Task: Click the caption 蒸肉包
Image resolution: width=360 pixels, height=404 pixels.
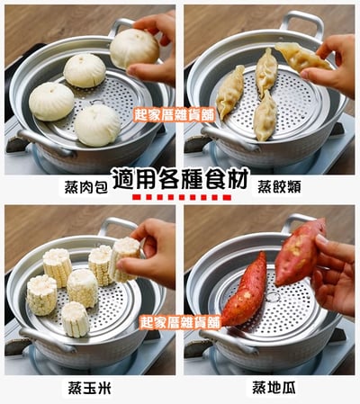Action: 85,187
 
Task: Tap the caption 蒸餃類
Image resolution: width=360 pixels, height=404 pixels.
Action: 279,187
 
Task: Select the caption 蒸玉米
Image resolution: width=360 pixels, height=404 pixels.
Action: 89,388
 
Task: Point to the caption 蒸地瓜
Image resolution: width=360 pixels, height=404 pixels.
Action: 274,387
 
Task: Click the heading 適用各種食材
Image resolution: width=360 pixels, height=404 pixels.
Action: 180,178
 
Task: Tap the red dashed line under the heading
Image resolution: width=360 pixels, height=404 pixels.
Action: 182,197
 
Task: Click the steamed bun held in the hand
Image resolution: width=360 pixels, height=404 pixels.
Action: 134,49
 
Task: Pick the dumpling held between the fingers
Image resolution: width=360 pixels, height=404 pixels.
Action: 302,57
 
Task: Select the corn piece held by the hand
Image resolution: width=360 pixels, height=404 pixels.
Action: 124,259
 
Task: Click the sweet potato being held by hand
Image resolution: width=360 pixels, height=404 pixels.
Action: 300,252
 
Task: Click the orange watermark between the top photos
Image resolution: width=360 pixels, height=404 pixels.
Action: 175,114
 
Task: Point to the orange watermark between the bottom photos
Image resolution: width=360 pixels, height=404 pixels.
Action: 180,322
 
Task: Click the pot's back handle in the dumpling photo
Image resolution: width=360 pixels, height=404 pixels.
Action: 301,22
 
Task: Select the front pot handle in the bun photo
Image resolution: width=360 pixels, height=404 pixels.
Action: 45,142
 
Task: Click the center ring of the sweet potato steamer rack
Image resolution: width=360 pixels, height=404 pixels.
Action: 274,297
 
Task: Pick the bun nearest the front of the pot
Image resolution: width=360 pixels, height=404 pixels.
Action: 97,125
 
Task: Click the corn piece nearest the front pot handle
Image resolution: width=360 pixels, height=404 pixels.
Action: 76,319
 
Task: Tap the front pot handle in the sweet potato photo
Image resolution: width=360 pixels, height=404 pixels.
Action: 228,341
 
